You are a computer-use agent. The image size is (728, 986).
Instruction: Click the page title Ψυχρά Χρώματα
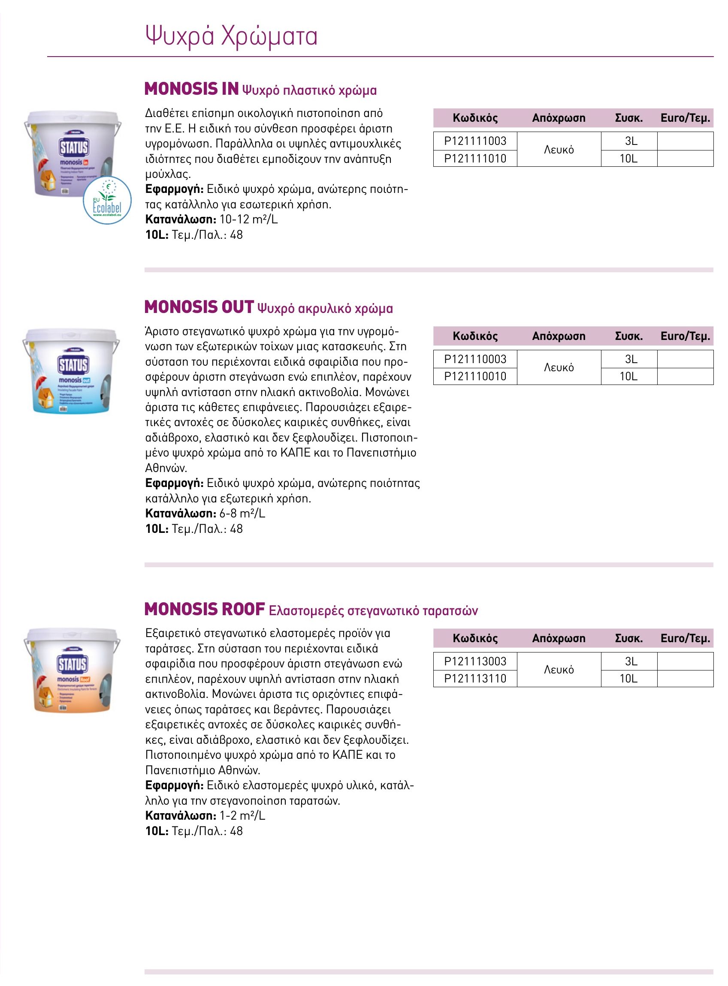point(231,36)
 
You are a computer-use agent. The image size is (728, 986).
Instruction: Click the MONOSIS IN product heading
point(192,89)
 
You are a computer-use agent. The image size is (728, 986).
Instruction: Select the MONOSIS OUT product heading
point(199,307)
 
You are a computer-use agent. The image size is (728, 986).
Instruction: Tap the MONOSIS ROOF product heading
point(205,610)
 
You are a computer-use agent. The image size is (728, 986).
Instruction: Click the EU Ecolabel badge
point(107,201)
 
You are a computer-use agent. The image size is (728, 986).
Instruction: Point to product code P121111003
point(475,141)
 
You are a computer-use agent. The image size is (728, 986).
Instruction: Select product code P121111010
point(475,159)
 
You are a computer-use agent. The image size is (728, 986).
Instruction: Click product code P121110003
point(475,359)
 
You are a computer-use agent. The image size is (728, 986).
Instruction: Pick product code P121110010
point(475,376)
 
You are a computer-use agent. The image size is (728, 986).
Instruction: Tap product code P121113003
point(475,661)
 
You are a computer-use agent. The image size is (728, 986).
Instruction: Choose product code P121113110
point(475,679)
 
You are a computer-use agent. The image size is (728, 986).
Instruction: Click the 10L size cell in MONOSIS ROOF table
point(628,679)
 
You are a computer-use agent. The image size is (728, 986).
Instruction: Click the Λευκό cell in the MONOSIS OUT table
point(559,367)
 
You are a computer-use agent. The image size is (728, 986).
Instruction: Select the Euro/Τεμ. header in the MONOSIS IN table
point(685,118)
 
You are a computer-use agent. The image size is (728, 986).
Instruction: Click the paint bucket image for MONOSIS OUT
point(71,371)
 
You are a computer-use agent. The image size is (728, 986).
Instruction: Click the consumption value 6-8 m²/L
point(242,514)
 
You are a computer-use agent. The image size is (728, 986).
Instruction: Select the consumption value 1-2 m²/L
point(242,815)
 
